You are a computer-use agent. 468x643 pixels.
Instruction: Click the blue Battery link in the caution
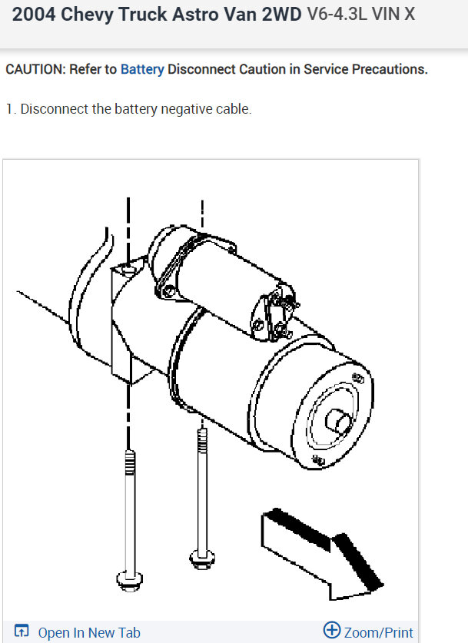pos(142,69)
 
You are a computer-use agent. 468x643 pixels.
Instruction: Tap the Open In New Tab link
pos(88,633)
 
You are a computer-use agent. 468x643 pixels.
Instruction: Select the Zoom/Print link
pos(378,632)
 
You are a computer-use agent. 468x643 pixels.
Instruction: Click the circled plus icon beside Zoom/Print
pos(331,631)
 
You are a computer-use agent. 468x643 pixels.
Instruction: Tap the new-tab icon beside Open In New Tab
pos(22,631)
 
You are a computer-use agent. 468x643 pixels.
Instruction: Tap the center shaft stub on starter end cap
pos(339,423)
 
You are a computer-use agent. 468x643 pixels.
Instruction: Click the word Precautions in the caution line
pos(390,69)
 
